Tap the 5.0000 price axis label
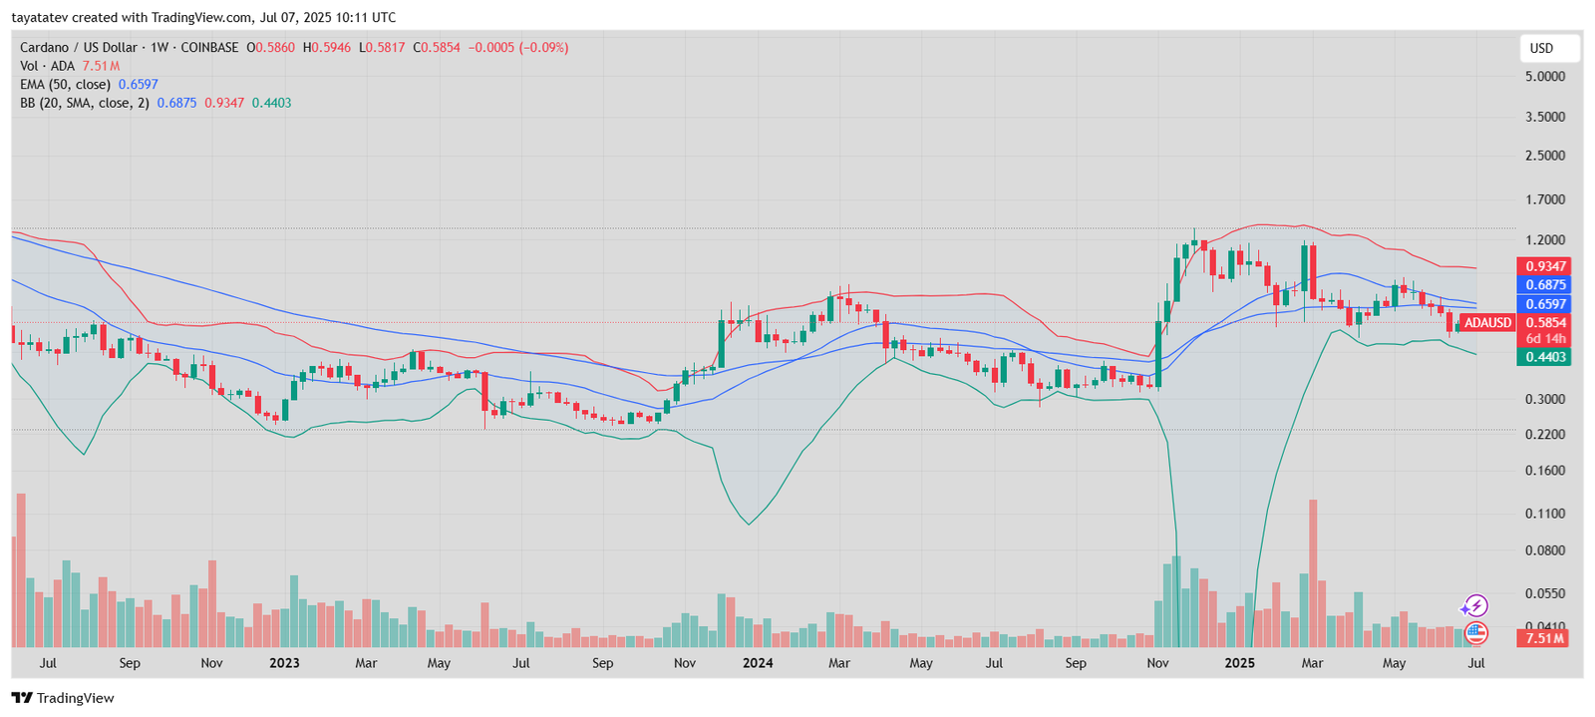[1544, 77]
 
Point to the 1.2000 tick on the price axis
[1544, 240]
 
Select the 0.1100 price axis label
[1544, 514]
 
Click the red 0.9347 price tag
[1543, 266]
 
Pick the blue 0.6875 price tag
[1543, 285]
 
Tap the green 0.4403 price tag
[1543, 357]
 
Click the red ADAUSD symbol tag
[1487, 323]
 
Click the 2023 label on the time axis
[284, 663]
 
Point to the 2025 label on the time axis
[1239, 663]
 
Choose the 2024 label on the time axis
[758, 663]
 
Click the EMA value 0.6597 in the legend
[138, 85]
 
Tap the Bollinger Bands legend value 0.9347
[224, 103]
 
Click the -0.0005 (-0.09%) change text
[518, 47]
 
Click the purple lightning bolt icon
[1474, 606]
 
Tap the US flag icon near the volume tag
[1475, 632]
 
